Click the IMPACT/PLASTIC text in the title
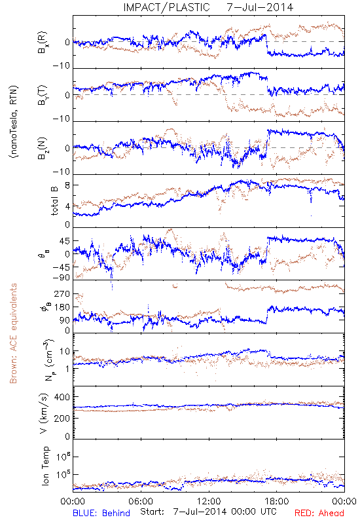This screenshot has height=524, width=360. pyautogui.click(x=166, y=7)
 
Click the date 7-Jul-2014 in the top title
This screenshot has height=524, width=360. pyautogui.click(x=260, y=7)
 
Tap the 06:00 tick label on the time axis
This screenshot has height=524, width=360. pyautogui.click(x=141, y=501)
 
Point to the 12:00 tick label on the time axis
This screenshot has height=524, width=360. pyautogui.click(x=209, y=501)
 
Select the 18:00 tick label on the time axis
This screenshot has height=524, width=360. pyautogui.click(x=277, y=501)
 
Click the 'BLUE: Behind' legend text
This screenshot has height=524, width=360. pyautogui.click(x=101, y=513)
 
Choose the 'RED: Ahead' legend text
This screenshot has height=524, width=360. pyautogui.click(x=319, y=513)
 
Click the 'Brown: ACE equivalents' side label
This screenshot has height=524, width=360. pyautogui.click(x=13, y=333)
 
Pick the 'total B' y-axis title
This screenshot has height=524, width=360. pyautogui.click(x=54, y=201)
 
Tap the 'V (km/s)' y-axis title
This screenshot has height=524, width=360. pyautogui.click(x=45, y=413)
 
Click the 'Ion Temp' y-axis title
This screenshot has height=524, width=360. pyautogui.click(x=45, y=466)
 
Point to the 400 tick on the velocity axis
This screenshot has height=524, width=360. pyautogui.click(x=62, y=397)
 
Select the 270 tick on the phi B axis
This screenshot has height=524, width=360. pyautogui.click(x=62, y=293)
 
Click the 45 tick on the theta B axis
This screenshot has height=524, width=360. pyautogui.click(x=65, y=241)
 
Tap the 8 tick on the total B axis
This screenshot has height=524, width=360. pyautogui.click(x=67, y=185)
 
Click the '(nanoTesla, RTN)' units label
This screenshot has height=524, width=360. pyautogui.click(x=14, y=122)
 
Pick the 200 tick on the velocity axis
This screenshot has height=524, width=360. pyautogui.click(x=62, y=418)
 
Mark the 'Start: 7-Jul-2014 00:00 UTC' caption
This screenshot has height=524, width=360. pyautogui.click(x=208, y=512)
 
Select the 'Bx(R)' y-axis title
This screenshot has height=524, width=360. pyautogui.click(x=43, y=42)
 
